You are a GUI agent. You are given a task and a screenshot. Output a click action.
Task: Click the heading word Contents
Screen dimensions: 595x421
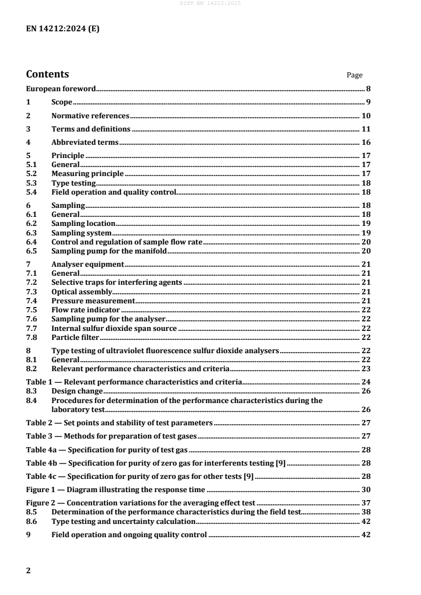click(48, 74)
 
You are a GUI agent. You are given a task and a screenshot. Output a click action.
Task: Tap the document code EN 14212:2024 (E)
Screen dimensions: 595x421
click(63, 30)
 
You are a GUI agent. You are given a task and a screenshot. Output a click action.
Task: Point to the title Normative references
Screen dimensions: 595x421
click(90, 116)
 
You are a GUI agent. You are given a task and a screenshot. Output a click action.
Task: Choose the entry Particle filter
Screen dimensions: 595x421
click(75, 337)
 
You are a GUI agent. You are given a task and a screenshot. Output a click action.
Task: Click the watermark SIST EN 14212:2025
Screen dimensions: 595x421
click(210, 4)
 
